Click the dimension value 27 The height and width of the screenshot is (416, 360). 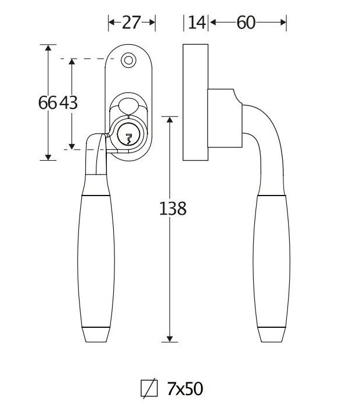(x=132, y=23)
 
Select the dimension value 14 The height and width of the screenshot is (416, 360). (x=197, y=23)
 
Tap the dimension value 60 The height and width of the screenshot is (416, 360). (x=247, y=23)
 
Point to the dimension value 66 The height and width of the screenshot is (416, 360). (x=48, y=103)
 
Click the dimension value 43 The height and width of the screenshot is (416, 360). (x=68, y=103)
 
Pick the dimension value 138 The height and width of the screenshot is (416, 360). (x=172, y=208)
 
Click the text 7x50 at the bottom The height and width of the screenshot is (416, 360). (x=185, y=388)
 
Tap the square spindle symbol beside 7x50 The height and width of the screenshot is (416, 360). (x=149, y=388)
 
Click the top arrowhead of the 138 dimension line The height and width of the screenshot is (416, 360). (x=170, y=120)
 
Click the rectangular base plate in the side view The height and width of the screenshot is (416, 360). (x=195, y=102)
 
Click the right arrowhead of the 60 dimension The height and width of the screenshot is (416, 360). (x=284, y=23)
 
